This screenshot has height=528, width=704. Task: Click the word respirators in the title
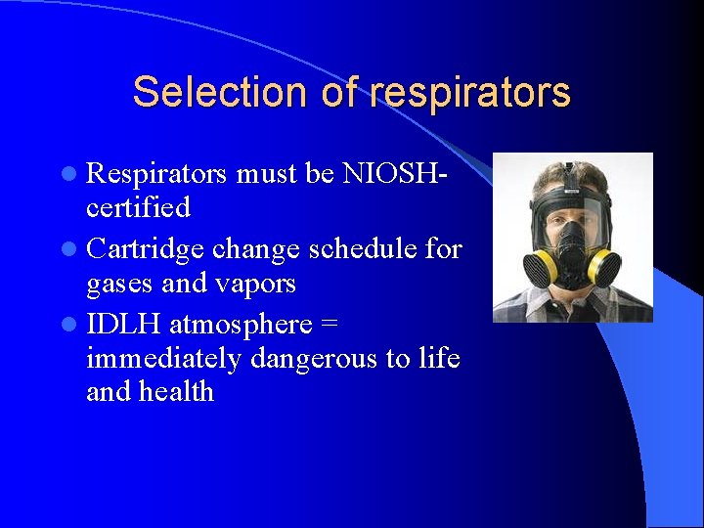[469, 92]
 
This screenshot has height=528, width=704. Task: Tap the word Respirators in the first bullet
[156, 174]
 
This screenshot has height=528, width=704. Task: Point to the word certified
[138, 207]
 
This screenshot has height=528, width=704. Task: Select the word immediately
[162, 359]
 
